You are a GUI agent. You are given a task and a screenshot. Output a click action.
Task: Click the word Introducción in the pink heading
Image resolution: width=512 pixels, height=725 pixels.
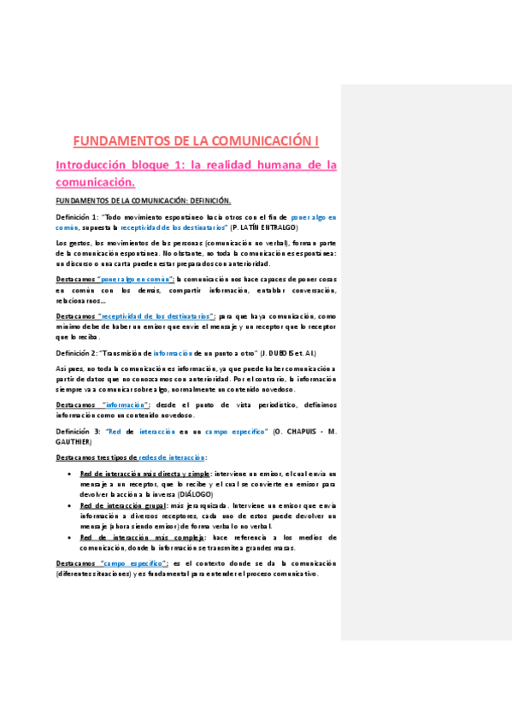91,164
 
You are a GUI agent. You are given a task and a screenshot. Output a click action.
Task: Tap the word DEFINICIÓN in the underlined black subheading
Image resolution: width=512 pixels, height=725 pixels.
203,201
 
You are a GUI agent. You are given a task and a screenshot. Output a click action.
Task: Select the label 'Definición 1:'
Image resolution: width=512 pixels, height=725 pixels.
77,217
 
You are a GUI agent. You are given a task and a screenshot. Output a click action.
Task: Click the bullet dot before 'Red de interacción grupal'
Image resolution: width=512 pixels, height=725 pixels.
68,505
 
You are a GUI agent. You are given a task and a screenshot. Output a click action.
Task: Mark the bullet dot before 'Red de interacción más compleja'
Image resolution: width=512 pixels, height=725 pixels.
68,537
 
